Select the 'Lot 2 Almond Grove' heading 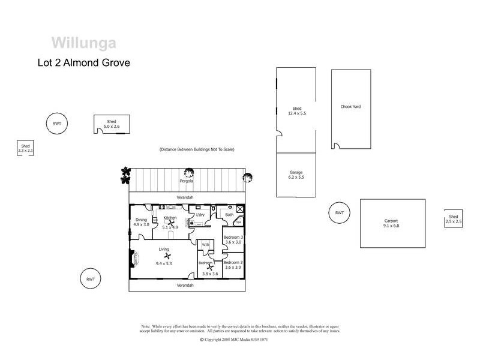pyautogui.click(x=84, y=62)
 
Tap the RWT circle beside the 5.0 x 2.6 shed pyautogui.click(x=57, y=124)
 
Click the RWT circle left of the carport pyautogui.click(x=340, y=212)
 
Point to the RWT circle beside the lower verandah pyautogui.click(x=91, y=279)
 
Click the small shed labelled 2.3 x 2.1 pyautogui.click(x=25, y=148)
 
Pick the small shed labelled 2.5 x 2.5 pyautogui.click(x=453, y=219)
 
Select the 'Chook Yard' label pyautogui.click(x=350, y=107)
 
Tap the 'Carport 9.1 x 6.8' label pyautogui.click(x=391, y=223)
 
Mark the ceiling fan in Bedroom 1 pyautogui.click(x=210, y=268)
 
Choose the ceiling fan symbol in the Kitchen pyautogui.click(x=170, y=223)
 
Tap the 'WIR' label pyautogui.click(x=205, y=245)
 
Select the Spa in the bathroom pyautogui.click(x=238, y=222)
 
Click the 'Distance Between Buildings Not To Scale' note pyautogui.click(x=196, y=149)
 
